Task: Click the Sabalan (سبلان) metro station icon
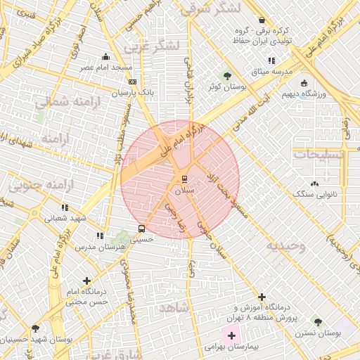(x=185, y=179)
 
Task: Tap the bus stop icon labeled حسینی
(x=142, y=229)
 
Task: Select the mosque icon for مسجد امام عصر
(x=106, y=57)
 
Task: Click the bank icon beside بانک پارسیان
(x=133, y=82)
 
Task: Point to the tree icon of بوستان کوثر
(x=226, y=76)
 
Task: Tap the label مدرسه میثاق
(x=270, y=71)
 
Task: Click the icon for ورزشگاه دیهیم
(x=304, y=83)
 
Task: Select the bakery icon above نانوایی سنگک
(x=314, y=184)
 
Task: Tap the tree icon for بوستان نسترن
(x=319, y=322)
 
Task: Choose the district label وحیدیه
(x=285, y=246)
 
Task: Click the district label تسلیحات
(x=319, y=154)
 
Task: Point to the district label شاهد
(x=175, y=308)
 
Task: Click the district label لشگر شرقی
(x=211, y=8)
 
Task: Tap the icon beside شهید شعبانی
(x=65, y=208)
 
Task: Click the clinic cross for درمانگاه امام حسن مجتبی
(x=86, y=281)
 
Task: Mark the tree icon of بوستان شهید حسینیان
(x=35, y=328)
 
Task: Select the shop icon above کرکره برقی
(x=262, y=20)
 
